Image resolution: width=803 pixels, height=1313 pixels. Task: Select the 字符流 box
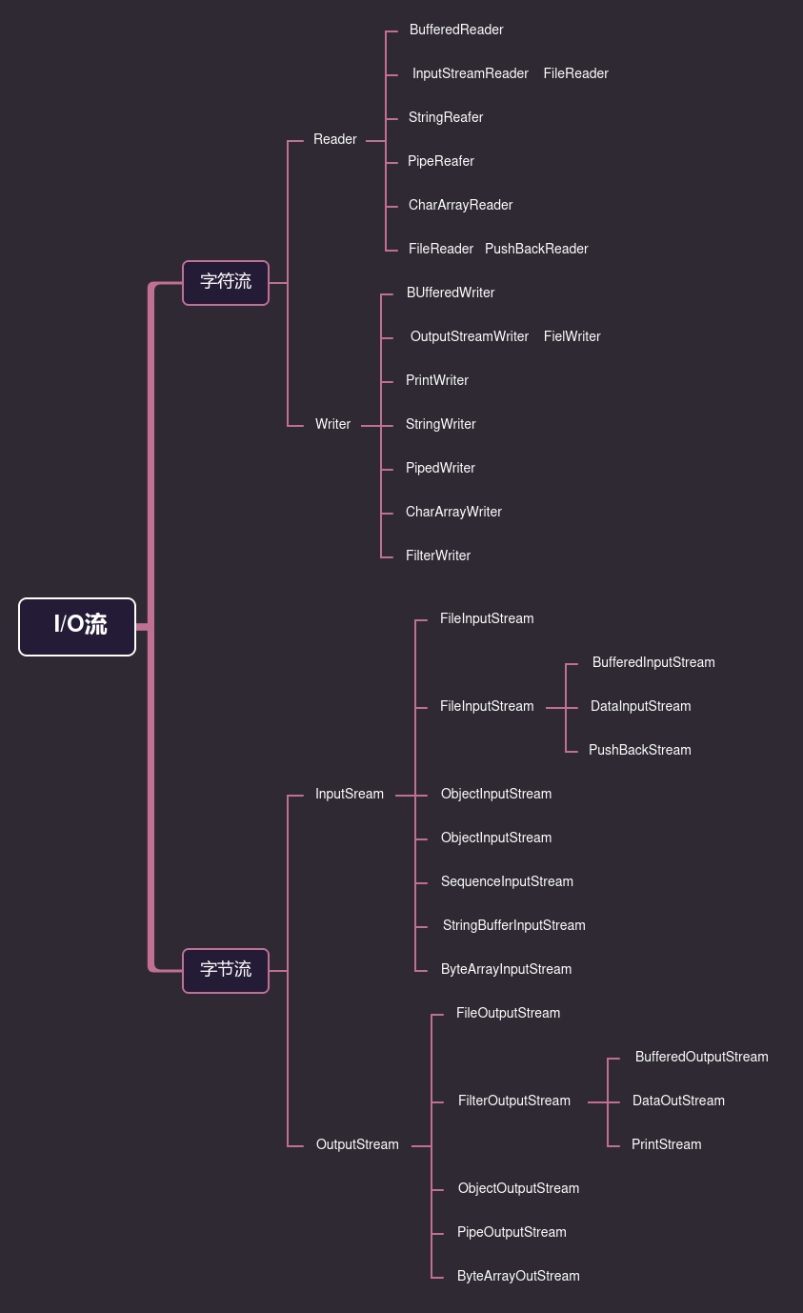coord(226,282)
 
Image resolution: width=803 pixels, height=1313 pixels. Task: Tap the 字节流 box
coord(226,970)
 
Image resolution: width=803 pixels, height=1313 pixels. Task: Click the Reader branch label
coord(335,139)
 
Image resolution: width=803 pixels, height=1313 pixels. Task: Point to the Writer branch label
coord(333,424)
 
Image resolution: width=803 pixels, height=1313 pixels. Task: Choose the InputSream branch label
coord(350,794)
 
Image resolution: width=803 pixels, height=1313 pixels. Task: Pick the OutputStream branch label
coord(357,1144)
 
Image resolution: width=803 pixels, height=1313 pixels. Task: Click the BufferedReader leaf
coord(456,30)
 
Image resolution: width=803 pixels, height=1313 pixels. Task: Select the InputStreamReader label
coord(470,73)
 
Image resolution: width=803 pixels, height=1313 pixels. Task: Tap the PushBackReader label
coord(536,249)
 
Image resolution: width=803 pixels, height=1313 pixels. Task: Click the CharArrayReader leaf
coord(460,205)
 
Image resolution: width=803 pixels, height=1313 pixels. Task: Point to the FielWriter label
coord(572,336)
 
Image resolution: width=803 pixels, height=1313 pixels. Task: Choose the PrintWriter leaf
coord(437,380)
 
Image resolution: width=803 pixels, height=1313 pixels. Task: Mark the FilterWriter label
coord(438,555)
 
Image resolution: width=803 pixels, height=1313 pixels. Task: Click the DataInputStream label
coord(640,706)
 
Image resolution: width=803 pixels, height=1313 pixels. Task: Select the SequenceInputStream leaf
coord(507,881)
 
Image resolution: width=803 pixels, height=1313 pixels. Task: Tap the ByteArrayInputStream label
coord(506,969)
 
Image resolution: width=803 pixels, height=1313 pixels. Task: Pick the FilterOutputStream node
coord(514,1101)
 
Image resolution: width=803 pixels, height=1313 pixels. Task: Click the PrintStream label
coord(666,1144)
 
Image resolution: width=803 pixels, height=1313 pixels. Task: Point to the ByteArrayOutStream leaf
coord(518,1276)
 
